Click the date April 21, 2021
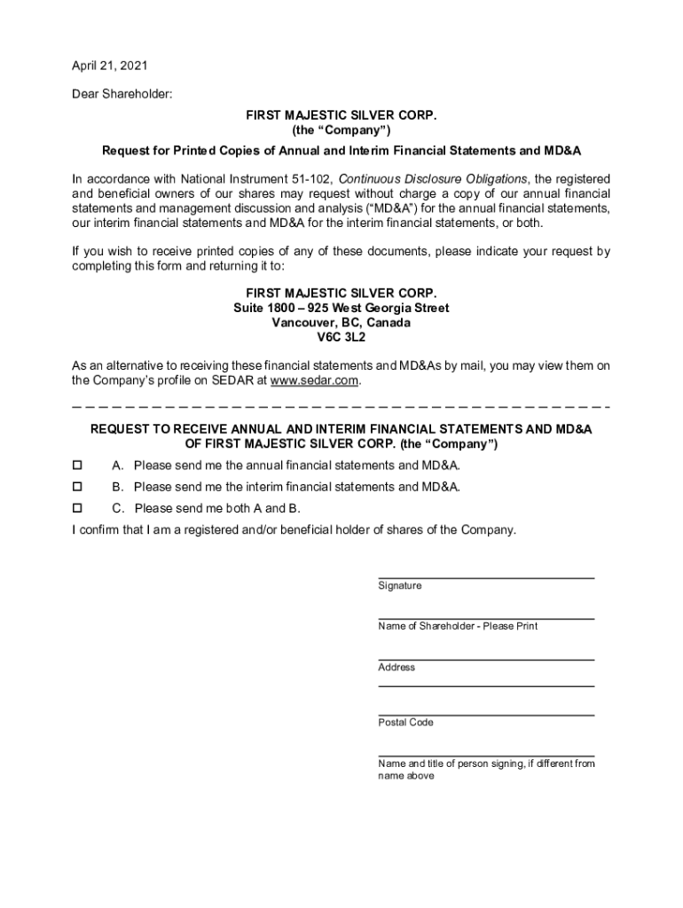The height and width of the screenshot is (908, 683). tap(110, 66)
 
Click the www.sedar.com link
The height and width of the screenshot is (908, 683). tap(315, 380)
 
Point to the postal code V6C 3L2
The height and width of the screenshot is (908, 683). tap(341, 338)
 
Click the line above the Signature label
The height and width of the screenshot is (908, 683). tap(485, 578)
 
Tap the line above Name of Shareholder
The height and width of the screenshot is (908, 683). tap(485, 619)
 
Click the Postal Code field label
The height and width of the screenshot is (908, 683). tap(405, 723)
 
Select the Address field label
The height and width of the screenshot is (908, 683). tap(396, 668)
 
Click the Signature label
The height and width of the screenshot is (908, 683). tap(400, 586)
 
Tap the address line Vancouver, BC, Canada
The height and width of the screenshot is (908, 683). tap(341, 323)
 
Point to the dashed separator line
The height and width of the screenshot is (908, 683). tap(341, 406)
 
